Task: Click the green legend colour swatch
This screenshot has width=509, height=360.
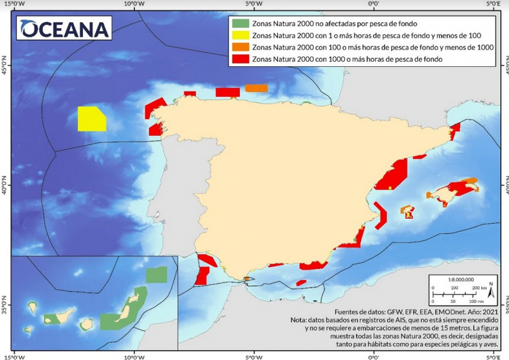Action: [240, 23]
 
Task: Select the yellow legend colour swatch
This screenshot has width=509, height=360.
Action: [240, 36]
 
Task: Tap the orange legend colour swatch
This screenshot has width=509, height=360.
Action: [240, 47]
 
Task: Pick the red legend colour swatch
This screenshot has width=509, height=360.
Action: [240, 60]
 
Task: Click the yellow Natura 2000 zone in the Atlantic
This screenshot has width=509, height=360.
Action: [91, 119]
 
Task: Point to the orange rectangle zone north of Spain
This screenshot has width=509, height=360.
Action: [256, 88]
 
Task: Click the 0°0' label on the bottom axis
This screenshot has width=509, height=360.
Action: [374, 355]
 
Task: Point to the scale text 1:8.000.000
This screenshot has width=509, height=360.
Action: [461, 279]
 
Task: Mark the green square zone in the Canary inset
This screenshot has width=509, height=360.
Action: [156, 275]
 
